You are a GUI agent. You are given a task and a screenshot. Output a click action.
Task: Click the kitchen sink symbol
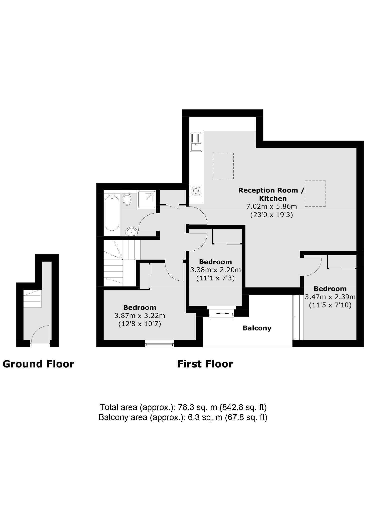point(196,142)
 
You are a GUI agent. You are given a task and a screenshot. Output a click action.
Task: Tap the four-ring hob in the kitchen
point(196,191)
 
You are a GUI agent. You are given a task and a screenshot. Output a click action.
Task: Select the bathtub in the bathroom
point(112,213)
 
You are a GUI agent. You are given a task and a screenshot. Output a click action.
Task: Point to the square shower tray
point(146,200)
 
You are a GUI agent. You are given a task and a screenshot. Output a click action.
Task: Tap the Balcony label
point(257,328)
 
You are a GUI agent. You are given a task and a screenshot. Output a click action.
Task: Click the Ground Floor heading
point(38,364)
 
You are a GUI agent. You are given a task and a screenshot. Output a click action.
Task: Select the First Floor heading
point(205,364)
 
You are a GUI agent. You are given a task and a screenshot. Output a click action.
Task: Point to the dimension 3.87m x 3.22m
point(140,315)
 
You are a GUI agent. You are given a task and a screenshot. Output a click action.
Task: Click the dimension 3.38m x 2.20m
point(215,270)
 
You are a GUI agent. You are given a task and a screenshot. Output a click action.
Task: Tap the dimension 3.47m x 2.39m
point(330,297)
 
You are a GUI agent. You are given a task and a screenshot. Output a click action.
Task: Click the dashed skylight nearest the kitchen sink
point(223,166)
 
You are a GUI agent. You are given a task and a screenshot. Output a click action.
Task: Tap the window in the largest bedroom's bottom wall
point(159,343)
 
